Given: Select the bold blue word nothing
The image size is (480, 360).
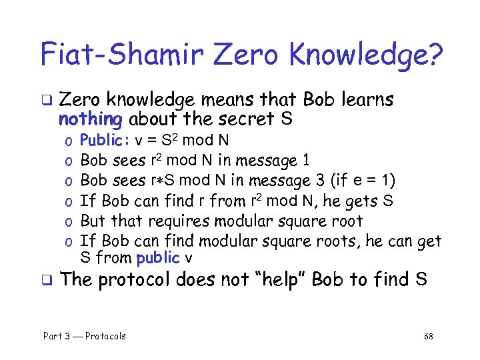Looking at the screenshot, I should click(89, 119).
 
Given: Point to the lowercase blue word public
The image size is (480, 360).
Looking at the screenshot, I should click(158, 257).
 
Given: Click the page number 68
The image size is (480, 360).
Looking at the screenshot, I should click(429, 336).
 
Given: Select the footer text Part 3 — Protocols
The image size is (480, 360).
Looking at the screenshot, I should click(85, 336).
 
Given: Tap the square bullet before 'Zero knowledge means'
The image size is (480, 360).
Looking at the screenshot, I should click(47, 101).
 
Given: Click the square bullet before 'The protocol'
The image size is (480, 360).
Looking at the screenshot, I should click(47, 280).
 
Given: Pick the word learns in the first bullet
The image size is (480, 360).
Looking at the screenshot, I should click(365, 100).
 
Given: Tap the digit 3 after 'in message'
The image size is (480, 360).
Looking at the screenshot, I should click(306, 181).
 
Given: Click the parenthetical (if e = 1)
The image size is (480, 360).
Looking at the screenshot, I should click(357, 181).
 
